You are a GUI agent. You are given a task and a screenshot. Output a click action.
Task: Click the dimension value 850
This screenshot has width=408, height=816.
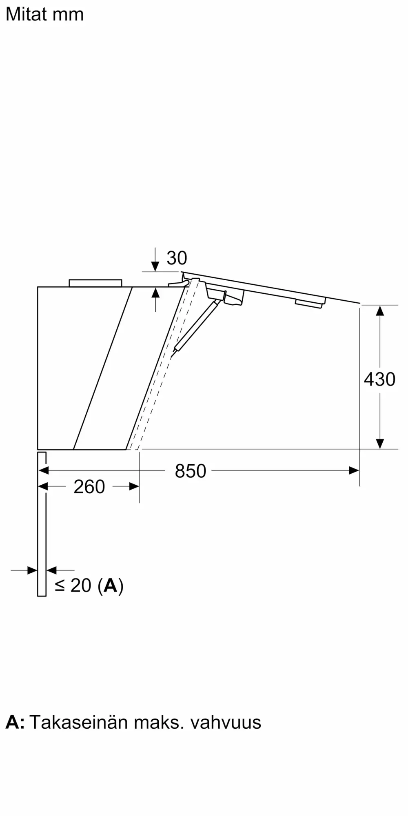coord(191,471)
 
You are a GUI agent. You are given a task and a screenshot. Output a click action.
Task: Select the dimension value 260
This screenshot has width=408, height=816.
coord(89,487)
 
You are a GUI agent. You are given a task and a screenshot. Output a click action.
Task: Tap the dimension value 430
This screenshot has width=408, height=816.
coord(379,379)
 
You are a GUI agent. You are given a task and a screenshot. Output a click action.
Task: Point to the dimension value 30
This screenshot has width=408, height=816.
coord(177,258)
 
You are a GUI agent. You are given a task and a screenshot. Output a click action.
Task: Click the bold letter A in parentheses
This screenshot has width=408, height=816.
coord(111,585)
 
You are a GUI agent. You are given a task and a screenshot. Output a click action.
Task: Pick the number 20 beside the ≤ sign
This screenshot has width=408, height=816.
coord(81,585)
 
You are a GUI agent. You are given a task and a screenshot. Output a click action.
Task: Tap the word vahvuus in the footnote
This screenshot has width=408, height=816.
coord(226,723)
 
